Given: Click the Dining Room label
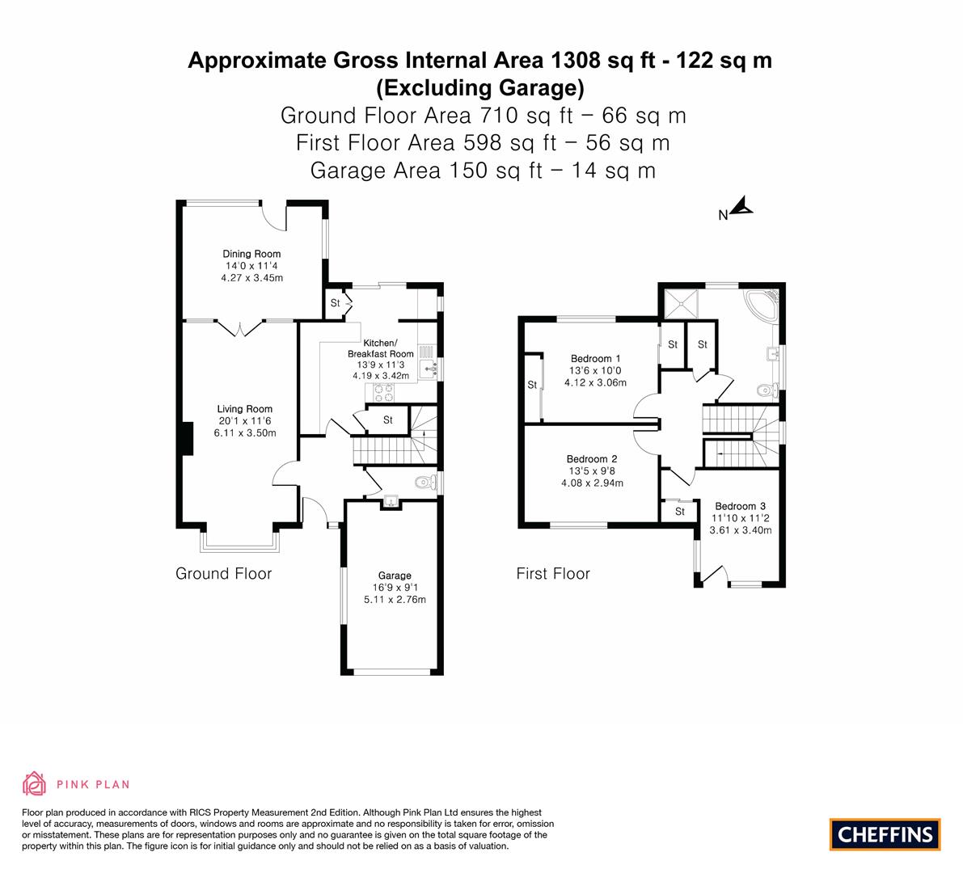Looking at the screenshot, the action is click(x=251, y=254).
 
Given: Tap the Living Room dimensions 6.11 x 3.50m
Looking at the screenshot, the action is click(x=244, y=432).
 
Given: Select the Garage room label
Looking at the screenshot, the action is click(x=395, y=576).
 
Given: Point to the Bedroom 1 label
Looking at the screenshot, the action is click(x=595, y=359).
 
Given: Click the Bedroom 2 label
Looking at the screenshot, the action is click(x=591, y=458).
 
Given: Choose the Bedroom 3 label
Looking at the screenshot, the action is click(x=740, y=506).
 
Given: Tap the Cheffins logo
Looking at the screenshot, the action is click(x=885, y=834).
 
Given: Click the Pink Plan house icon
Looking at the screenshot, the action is click(x=35, y=783).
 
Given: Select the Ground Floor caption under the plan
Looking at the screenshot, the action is click(x=223, y=573).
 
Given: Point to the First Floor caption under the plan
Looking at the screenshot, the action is click(x=553, y=573).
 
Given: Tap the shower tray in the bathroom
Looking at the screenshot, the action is click(x=681, y=303).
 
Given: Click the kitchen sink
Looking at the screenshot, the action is click(x=428, y=369).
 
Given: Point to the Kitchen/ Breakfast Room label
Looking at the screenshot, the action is click(x=381, y=348).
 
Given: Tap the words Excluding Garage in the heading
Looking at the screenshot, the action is click(x=480, y=88).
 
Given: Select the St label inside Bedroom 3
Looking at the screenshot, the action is click(x=680, y=512).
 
